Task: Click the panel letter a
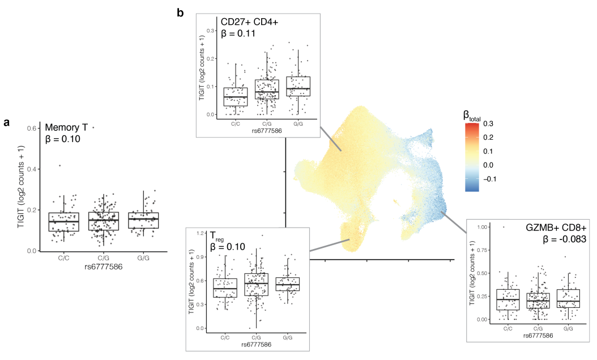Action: click(x=7, y=122)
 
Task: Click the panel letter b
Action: click(x=180, y=12)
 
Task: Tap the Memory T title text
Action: click(x=65, y=127)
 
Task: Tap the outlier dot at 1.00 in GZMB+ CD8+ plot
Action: click(x=504, y=227)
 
